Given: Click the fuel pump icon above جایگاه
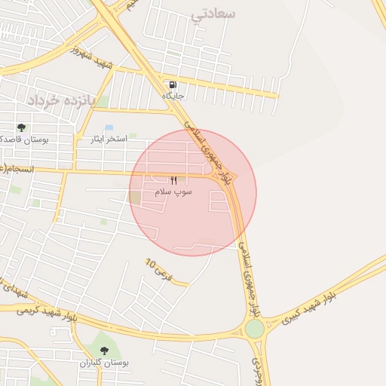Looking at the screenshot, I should tap(173, 84).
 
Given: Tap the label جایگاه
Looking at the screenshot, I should tap(173, 96).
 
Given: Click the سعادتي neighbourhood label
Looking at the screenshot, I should tap(213, 14).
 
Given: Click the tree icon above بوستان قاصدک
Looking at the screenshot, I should tap(21, 127).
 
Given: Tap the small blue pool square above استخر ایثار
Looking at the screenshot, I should tap(109, 127).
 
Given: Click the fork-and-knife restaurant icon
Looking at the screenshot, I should tap(174, 180).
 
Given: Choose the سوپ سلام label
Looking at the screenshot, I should tap(173, 192).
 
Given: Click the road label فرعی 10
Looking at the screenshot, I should tap(159, 270).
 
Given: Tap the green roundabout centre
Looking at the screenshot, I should tap(255, 329).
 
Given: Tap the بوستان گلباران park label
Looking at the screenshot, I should tap(105, 363).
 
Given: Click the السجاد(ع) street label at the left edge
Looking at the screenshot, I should tap(15, 168).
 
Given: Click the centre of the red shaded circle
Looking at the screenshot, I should tap(193, 192).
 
